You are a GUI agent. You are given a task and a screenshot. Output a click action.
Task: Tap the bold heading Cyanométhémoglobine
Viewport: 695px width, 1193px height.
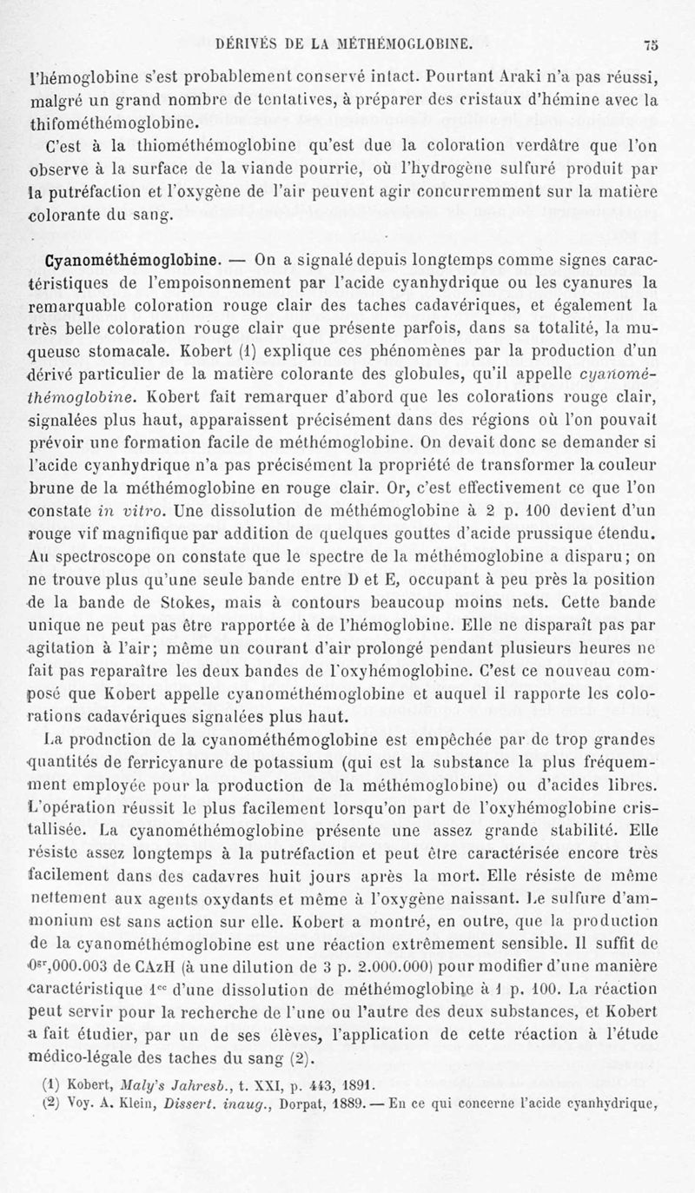pos(123,258)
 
